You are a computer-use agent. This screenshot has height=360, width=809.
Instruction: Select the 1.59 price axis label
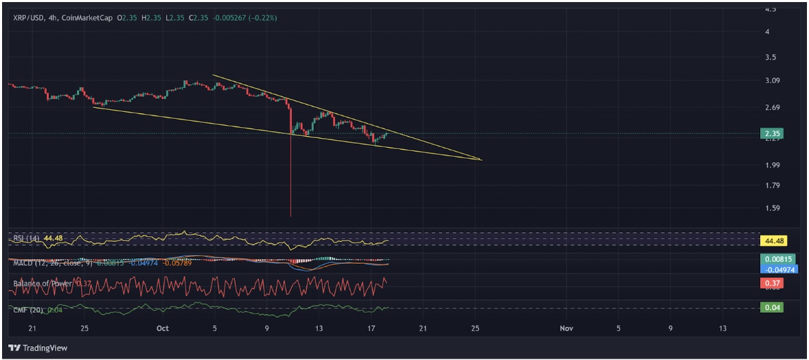point(771,208)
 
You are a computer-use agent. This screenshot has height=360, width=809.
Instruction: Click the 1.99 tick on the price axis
point(771,165)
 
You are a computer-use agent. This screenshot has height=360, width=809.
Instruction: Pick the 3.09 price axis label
point(771,80)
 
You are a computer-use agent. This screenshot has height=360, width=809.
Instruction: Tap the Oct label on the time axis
point(162,328)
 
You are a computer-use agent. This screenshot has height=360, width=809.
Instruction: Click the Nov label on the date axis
point(566,328)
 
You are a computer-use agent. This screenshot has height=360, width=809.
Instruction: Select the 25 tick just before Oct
point(84,328)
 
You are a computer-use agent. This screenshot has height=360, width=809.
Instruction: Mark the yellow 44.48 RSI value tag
point(773,241)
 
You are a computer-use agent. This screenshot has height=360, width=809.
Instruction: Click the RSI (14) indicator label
point(27,238)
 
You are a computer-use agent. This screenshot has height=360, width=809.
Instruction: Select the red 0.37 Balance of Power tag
point(772,283)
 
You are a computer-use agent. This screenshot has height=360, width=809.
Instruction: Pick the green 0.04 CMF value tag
point(772,308)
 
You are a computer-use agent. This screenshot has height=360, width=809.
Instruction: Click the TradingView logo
point(38,348)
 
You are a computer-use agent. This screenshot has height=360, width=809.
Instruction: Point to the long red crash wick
point(290,179)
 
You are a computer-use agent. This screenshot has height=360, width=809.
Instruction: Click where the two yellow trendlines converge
point(481,160)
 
